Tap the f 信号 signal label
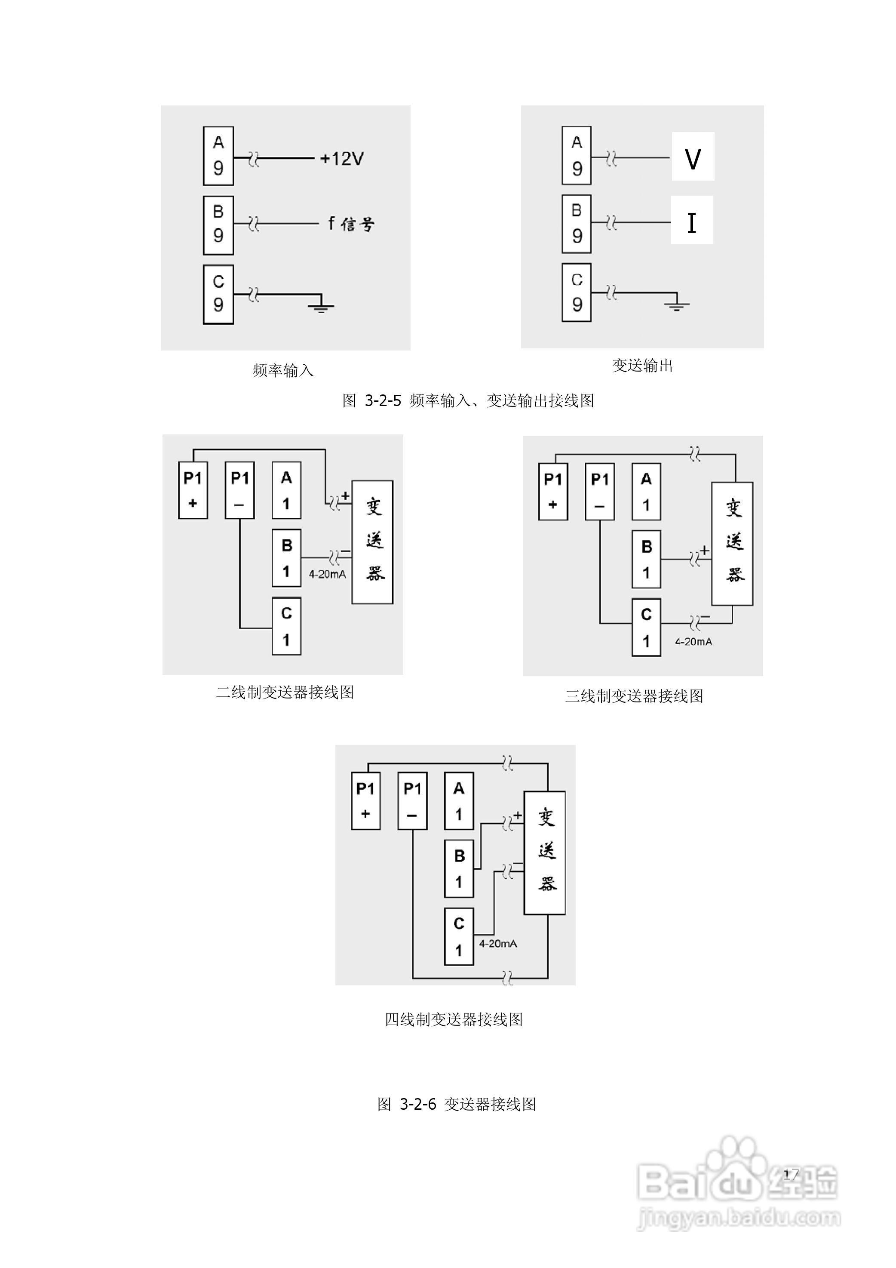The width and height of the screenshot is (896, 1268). (x=351, y=224)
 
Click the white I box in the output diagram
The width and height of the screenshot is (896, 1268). (x=692, y=220)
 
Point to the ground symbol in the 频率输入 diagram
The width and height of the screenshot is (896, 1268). (x=321, y=305)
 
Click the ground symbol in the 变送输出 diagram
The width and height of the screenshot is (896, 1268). (x=677, y=304)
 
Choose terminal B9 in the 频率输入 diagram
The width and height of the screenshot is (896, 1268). (x=218, y=225)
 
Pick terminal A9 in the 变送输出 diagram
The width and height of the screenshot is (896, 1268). (x=577, y=155)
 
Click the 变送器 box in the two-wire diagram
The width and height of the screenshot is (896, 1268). (x=373, y=542)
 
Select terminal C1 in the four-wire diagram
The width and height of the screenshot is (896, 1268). (x=459, y=937)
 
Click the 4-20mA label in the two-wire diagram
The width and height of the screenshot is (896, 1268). (x=327, y=574)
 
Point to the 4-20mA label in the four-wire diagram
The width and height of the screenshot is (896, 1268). (x=497, y=944)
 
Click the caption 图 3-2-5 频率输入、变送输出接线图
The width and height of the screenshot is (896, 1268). (x=468, y=400)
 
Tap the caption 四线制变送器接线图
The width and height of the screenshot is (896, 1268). (x=453, y=1019)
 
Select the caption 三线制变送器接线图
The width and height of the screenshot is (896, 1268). (x=634, y=696)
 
